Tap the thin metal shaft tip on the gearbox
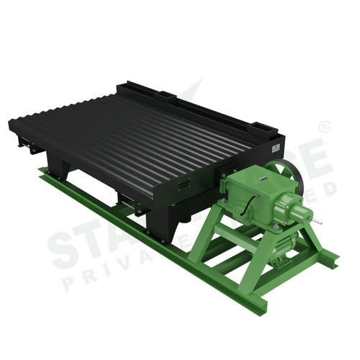coord(318,221)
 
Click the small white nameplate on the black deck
coord(275,147)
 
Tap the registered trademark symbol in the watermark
coord(325,127)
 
